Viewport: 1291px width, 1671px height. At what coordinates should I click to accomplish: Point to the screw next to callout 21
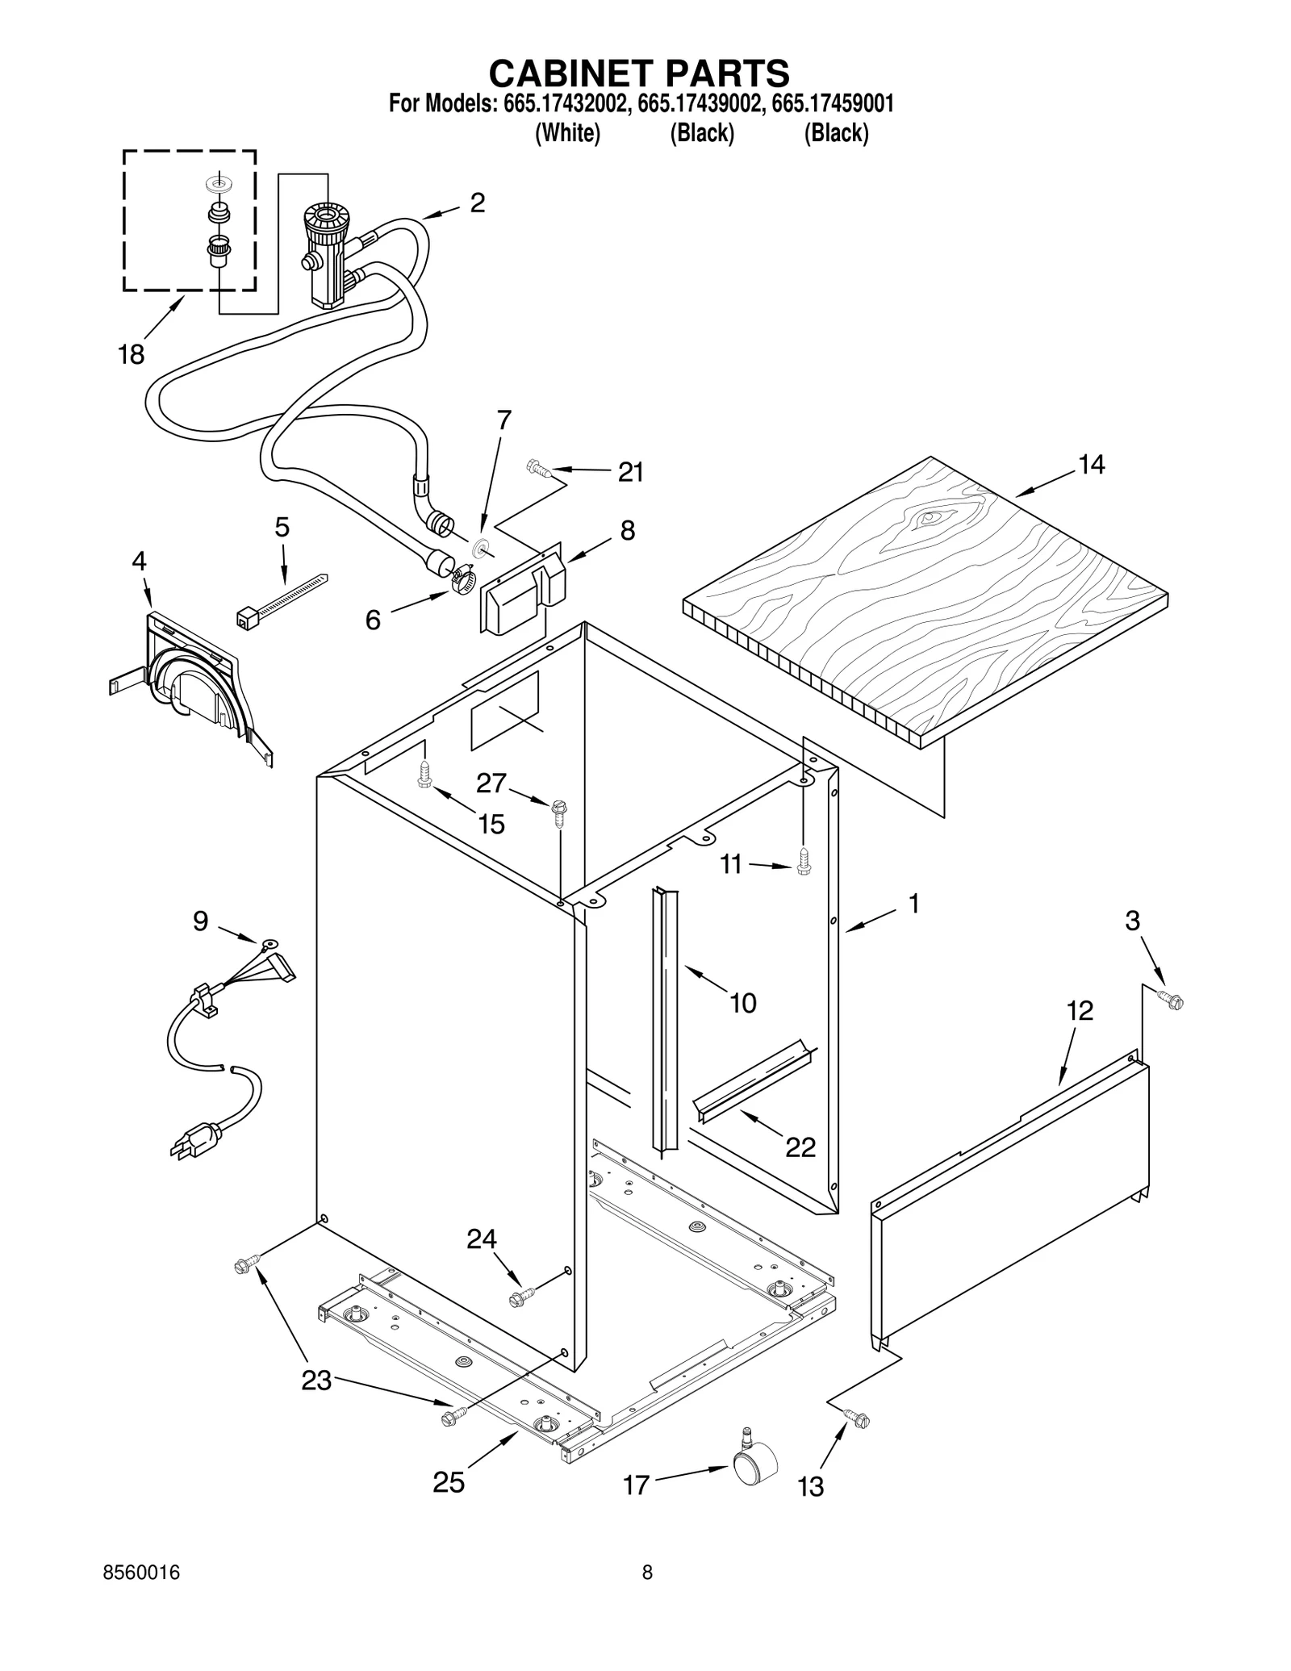pos(537,466)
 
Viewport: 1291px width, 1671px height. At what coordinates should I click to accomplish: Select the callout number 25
pos(449,1481)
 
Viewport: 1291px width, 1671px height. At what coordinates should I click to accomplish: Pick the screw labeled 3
pos(1172,1001)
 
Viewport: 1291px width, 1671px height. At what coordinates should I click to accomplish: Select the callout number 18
pos(131,353)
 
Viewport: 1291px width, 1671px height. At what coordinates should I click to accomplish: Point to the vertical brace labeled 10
pos(666,1017)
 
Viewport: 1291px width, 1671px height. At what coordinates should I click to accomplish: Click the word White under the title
pos(568,133)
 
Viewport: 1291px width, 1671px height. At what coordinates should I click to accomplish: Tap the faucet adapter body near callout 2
pos(326,254)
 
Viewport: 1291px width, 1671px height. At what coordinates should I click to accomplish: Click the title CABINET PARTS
pos(639,73)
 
